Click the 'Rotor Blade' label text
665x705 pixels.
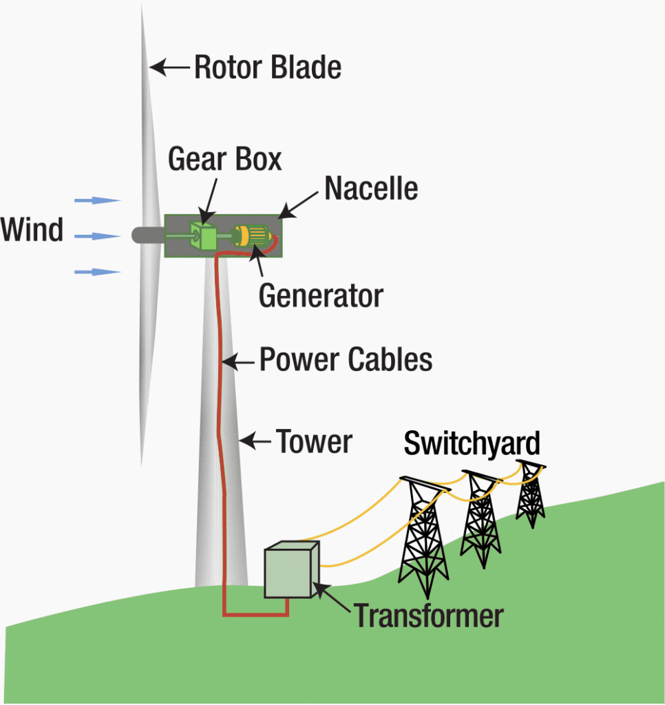pyautogui.click(x=267, y=68)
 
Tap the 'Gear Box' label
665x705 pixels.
pyautogui.click(x=225, y=159)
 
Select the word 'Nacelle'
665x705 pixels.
pyautogui.click(x=371, y=189)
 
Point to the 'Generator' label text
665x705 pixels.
pyautogui.click(x=320, y=295)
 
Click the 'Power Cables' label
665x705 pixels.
pyautogui.click(x=346, y=360)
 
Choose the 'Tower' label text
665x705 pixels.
pyautogui.click(x=314, y=441)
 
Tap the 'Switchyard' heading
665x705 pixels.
pyautogui.click(x=472, y=443)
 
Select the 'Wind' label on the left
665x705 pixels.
pyautogui.click(x=32, y=230)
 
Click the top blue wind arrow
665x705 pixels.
pyautogui.click(x=97, y=200)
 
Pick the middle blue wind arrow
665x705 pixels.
pyautogui.click(x=97, y=236)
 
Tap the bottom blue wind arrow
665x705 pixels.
pyautogui.click(x=97, y=272)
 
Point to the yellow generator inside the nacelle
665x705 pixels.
pyautogui.click(x=251, y=237)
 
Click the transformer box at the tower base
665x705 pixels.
pyautogui.click(x=291, y=570)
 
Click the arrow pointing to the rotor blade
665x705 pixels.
pyautogui.click(x=169, y=67)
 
